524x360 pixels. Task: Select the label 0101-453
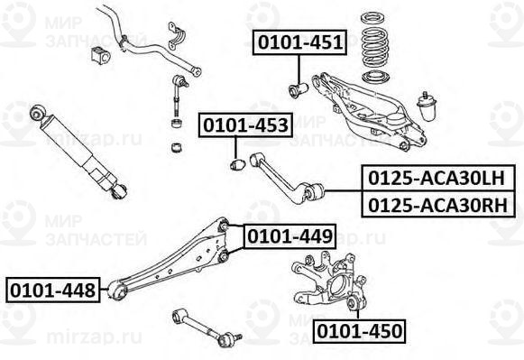pos(246,125)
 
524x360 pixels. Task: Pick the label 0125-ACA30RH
pos(440,205)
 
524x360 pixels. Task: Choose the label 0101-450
pos(358,330)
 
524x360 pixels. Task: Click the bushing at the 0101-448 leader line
pos(115,291)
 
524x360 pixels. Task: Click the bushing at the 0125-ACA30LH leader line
pos(313,192)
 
